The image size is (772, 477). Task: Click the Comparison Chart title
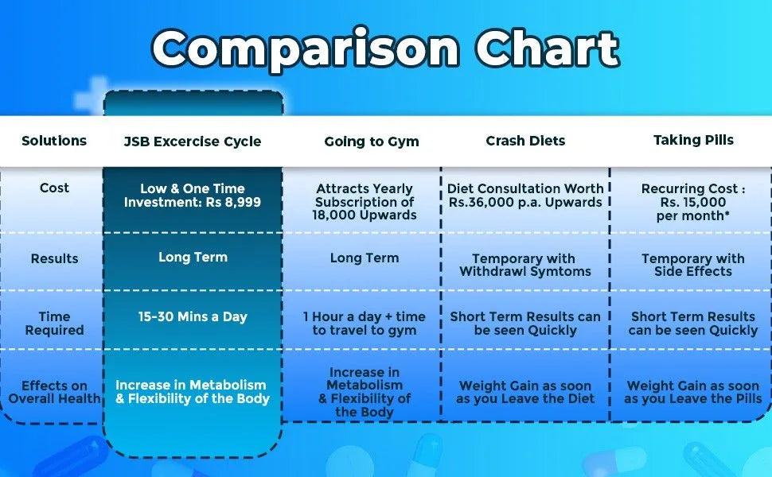tap(385, 49)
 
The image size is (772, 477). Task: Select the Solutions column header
tap(54, 141)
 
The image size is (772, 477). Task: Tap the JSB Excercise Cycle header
tap(193, 142)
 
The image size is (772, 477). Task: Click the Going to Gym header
tap(372, 142)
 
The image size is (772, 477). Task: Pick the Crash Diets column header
tap(525, 141)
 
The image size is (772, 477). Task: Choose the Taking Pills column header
tap(693, 140)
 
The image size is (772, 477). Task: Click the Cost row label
tap(54, 188)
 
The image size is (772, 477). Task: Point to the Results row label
tap(54, 258)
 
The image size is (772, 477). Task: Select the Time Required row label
tap(54, 323)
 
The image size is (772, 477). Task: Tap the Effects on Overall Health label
tap(54, 392)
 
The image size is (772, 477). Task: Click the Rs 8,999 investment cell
tap(193, 196)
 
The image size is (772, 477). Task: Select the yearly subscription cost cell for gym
tap(365, 202)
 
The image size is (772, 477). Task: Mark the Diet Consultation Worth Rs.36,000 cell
tap(525, 196)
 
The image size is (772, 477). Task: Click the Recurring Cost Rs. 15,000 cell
tap(693, 202)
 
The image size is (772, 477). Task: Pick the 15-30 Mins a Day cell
tap(193, 316)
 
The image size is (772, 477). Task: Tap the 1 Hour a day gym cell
tap(365, 323)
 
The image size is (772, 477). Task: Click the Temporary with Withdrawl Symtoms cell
tap(525, 265)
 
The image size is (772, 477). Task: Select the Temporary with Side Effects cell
tap(693, 265)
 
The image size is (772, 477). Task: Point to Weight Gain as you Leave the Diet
tap(525, 392)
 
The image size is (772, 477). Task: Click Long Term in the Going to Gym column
tap(365, 258)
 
